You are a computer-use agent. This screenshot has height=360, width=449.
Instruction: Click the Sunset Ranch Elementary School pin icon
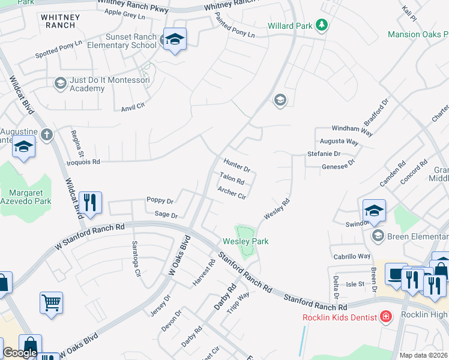coord(174,40)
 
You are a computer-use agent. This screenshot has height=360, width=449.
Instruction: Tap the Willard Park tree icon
coord(322,25)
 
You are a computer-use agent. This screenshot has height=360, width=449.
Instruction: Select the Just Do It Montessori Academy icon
coord(60,83)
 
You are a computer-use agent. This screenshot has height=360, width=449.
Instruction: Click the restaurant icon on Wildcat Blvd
coord(90,202)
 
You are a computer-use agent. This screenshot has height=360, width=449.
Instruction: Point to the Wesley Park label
coord(246,241)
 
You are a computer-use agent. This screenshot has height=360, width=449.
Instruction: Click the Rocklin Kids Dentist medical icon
coord(386,316)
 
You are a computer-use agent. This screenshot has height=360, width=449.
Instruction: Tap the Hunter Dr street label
coord(237,165)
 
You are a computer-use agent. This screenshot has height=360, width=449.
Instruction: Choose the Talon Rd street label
coord(232,178)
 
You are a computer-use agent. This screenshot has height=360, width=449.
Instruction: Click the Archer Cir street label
coord(232,193)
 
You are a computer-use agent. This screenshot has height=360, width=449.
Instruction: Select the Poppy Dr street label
coord(160,200)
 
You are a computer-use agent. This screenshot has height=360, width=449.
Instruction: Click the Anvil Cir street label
coord(133,106)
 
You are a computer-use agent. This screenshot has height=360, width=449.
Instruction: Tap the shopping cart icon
coord(51,302)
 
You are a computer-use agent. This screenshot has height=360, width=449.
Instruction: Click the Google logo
coord(20,353)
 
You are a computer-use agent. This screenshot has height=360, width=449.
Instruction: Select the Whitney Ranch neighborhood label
coord(59,21)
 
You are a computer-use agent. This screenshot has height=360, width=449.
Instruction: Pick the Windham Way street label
coord(353,128)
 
